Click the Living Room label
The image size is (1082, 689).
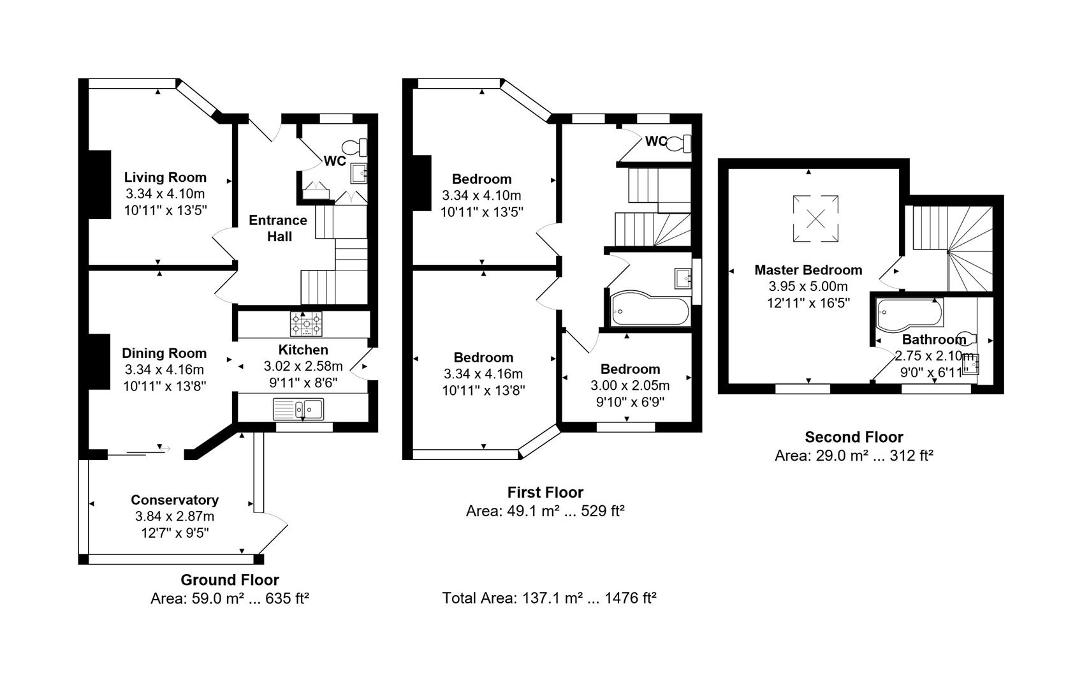coord(165,177)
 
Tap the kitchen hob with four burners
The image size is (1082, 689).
coord(306,323)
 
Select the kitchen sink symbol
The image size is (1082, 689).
coord(298,409)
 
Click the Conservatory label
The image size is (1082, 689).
coord(175,500)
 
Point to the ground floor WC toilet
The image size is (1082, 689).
coord(355,147)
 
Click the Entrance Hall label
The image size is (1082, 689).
coord(278,228)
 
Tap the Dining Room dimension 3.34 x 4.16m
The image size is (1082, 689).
coord(164,369)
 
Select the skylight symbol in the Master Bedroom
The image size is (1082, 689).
coord(816,218)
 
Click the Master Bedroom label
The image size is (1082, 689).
coord(808,270)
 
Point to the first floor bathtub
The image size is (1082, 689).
coord(650,308)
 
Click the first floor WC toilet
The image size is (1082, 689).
coord(678,143)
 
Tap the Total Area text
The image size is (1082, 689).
coord(549,598)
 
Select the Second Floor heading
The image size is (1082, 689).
coord(854,437)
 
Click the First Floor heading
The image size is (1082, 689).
coord(545,493)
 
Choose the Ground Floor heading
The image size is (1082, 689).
coord(230,579)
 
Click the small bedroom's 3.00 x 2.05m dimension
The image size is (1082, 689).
coord(630,385)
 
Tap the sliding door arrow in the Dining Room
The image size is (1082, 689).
coord(164,449)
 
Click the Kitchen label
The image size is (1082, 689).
coord(303,350)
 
